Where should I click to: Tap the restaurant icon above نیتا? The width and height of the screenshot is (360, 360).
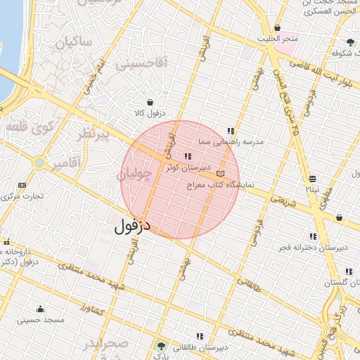312,179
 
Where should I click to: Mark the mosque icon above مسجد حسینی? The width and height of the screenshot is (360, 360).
40,309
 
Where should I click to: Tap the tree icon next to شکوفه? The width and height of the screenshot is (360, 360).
350,42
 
